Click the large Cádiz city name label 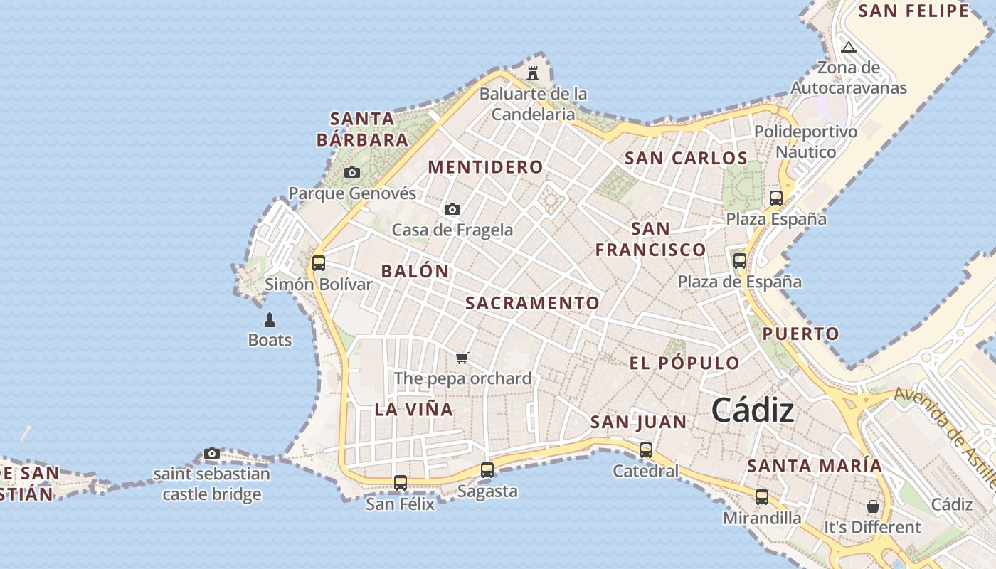pyautogui.click(x=753, y=410)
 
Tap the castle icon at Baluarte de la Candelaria pyautogui.click(x=532, y=72)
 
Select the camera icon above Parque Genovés pyautogui.click(x=351, y=172)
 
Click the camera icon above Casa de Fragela pyautogui.click(x=452, y=209)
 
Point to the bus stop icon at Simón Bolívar pyautogui.click(x=319, y=263)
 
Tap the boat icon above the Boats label pyautogui.click(x=270, y=320)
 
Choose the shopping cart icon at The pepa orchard pyautogui.click(x=462, y=357)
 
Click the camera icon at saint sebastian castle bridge pyautogui.click(x=211, y=453)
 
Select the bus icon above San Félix pyautogui.click(x=401, y=483)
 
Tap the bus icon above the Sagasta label pyautogui.click(x=487, y=470)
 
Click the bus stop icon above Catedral pyautogui.click(x=646, y=450)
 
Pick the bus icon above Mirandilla pyautogui.click(x=762, y=497)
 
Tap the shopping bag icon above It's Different pyautogui.click(x=872, y=506)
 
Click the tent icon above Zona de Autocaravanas pyautogui.click(x=848, y=48)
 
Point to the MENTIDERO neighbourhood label pyautogui.click(x=485, y=167)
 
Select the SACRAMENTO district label pyautogui.click(x=532, y=303)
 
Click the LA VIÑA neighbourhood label pyautogui.click(x=413, y=410)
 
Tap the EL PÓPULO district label pyautogui.click(x=684, y=363)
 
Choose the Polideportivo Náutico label pyautogui.click(x=805, y=142)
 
